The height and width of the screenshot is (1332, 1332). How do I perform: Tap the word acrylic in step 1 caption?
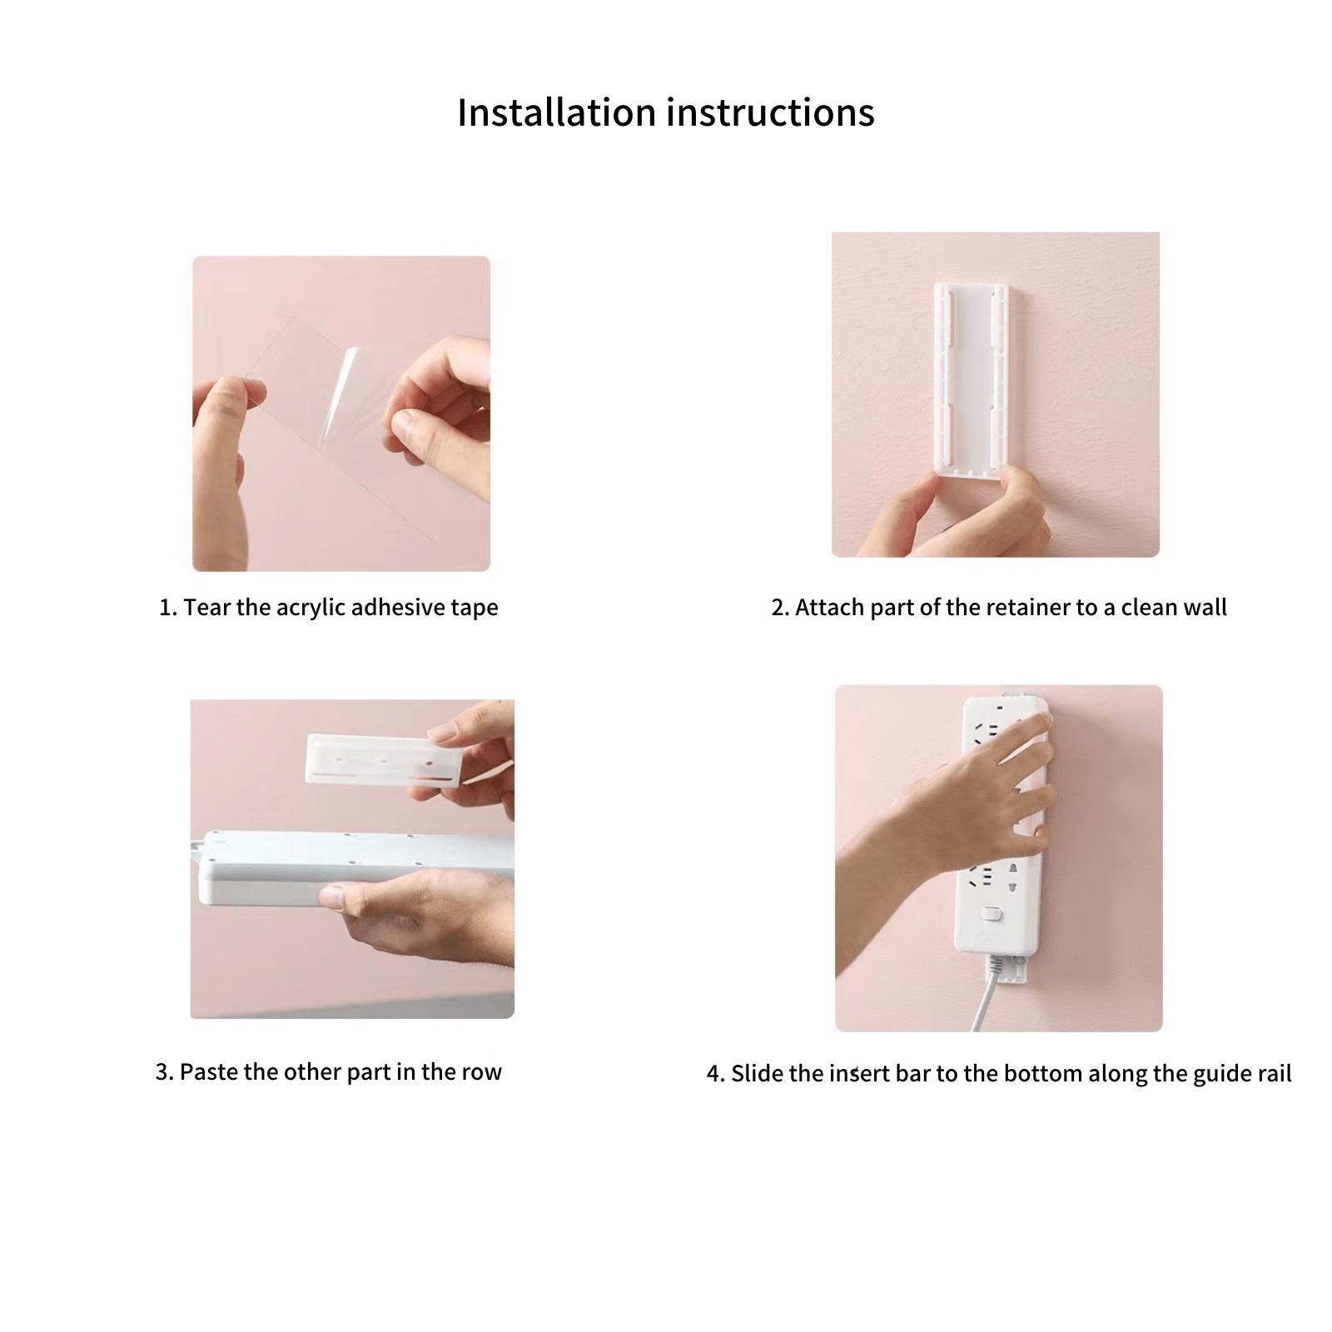[x=311, y=608]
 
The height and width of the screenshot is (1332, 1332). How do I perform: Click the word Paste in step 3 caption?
[x=209, y=1071]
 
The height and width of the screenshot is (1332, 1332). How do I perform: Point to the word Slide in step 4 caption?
[x=757, y=1073]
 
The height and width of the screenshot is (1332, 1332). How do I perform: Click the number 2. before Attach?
[x=780, y=608]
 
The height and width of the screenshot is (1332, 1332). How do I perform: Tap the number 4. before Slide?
[x=715, y=1074]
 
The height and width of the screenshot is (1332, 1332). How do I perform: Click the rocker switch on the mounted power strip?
[x=991, y=914]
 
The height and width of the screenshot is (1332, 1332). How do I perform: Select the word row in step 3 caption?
[x=484, y=1071]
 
